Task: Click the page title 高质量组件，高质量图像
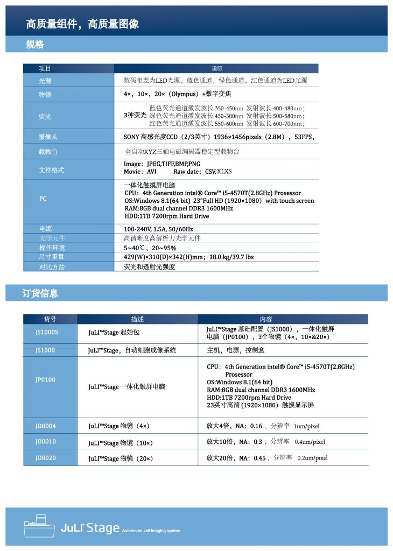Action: click(82, 24)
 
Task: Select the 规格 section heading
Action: click(35, 45)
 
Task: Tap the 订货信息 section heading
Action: click(40, 293)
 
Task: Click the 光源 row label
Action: click(45, 81)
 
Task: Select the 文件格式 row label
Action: click(51, 170)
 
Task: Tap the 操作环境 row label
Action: click(52, 248)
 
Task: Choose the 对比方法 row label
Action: click(52, 266)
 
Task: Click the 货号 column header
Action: click(50, 319)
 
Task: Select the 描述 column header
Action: click(137, 319)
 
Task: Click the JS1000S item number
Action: click(46, 332)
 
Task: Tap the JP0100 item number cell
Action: click(45, 379)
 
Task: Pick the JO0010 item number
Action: click(45, 442)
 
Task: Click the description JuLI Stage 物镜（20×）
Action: click(121, 458)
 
